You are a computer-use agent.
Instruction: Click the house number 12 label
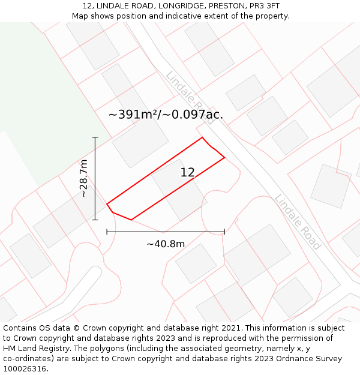(x=187, y=173)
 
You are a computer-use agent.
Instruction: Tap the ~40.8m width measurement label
(x=166, y=244)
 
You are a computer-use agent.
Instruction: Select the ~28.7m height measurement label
(x=84, y=178)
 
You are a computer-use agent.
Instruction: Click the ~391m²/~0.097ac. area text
(x=166, y=114)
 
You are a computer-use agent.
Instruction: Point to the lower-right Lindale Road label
(x=298, y=222)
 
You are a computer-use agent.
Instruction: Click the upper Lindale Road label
(x=190, y=97)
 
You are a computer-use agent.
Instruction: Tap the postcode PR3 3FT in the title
(x=265, y=6)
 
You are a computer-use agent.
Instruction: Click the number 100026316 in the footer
(x=25, y=369)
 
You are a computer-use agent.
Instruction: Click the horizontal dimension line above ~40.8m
(x=166, y=231)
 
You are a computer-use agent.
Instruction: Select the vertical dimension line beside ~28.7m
(x=95, y=178)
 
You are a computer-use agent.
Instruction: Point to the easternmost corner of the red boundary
(x=224, y=157)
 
